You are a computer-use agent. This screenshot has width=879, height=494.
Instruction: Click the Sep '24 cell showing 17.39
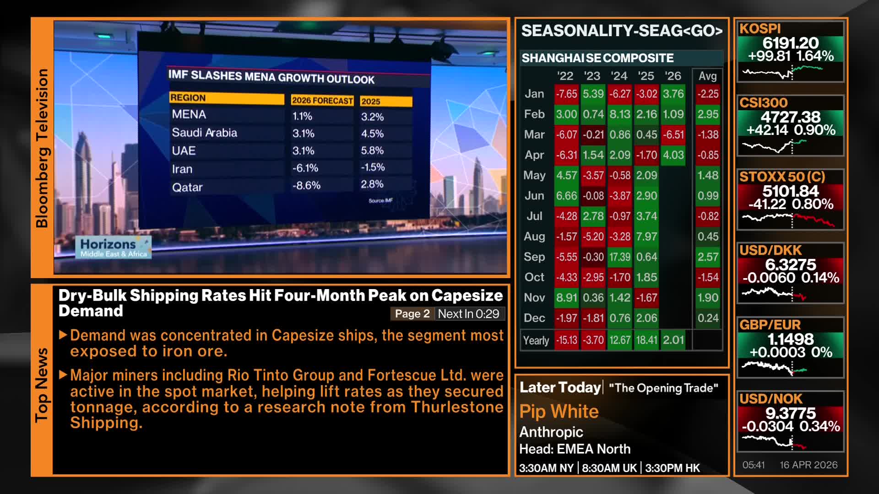tap(619, 257)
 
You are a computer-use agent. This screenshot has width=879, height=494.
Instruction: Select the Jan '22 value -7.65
tap(566, 94)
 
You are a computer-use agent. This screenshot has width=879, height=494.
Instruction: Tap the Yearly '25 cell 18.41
tap(646, 340)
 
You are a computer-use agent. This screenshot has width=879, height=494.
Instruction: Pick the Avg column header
tap(707, 76)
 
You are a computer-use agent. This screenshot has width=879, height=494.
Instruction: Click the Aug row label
tap(534, 236)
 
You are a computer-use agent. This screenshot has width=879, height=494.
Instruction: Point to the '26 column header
tap(673, 76)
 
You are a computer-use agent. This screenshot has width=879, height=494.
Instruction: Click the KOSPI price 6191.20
tap(790, 43)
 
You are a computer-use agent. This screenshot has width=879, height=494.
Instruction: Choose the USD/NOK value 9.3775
tap(790, 413)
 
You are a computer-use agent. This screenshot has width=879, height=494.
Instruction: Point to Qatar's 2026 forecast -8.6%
tap(306, 186)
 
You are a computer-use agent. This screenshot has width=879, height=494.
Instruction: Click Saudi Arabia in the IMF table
tap(204, 133)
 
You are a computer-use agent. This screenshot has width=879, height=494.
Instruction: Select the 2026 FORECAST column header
tap(322, 101)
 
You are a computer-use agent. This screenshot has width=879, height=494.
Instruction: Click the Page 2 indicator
tap(412, 314)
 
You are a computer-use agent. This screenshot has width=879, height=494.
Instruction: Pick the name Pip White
tap(559, 412)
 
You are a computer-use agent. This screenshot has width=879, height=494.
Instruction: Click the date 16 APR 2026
tap(808, 465)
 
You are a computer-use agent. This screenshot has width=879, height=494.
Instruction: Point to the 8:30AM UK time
tap(609, 468)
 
